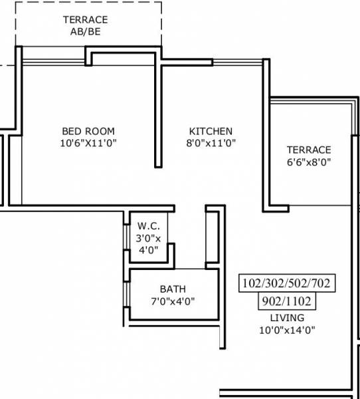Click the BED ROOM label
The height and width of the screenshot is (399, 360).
[x=88, y=131]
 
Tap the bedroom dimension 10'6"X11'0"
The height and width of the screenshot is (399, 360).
[x=88, y=143]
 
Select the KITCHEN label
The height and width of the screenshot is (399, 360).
[x=211, y=131]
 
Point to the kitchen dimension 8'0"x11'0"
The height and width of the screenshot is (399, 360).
[x=211, y=143]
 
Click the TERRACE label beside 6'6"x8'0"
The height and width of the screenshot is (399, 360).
[x=308, y=150]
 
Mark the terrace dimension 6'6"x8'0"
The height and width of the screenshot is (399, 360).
[x=308, y=162]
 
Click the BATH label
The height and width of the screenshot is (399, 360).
[x=173, y=289]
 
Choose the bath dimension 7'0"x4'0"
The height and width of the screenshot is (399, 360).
[x=173, y=301]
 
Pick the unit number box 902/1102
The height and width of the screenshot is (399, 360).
[x=287, y=301]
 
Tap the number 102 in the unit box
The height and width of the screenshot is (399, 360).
[x=253, y=284]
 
